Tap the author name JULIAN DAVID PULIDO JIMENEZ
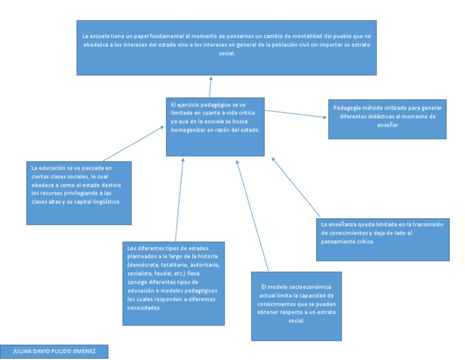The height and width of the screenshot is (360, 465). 54,351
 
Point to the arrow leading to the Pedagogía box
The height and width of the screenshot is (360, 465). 295,113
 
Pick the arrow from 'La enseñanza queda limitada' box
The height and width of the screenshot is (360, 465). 295,188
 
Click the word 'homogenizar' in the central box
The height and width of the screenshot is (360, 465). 189,130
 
